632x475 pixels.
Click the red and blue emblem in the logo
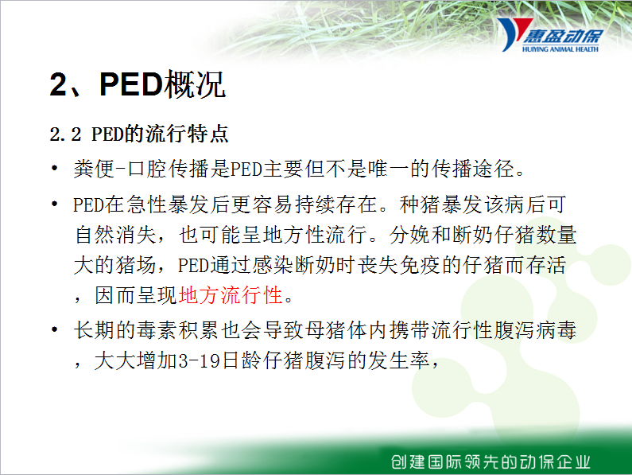pos(514,34)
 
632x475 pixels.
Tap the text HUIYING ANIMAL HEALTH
pos(560,49)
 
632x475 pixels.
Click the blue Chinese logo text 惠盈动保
pos(563,37)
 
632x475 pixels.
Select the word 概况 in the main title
pos(194,84)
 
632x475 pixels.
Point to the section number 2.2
pos(65,134)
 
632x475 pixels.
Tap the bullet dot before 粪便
pos(54,169)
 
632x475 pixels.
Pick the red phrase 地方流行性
pos(231,295)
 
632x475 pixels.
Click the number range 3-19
pos(199,360)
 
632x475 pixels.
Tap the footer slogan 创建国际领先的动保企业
pos(490,461)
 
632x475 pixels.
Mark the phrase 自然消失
pos(116,235)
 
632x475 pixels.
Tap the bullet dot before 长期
pos(54,329)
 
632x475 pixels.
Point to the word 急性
pos(147,204)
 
